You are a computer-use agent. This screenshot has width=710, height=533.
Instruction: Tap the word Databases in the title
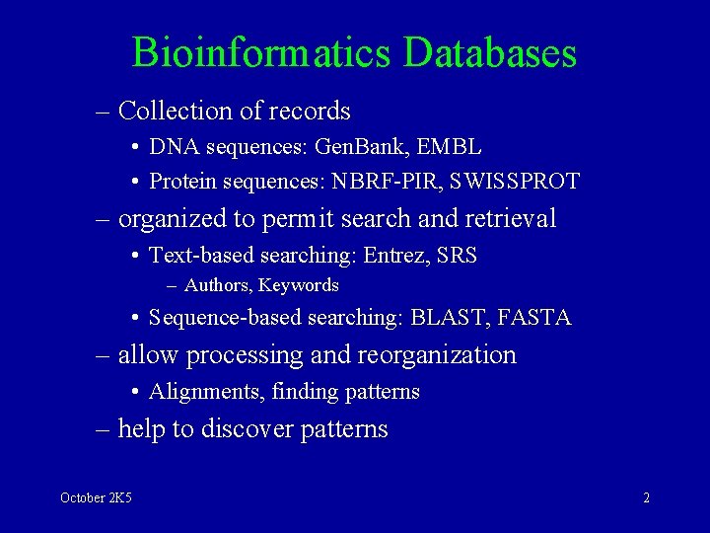click(x=490, y=52)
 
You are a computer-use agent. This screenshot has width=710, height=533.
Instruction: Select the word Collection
click(x=175, y=111)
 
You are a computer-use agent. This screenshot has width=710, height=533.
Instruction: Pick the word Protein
click(x=180, y=182)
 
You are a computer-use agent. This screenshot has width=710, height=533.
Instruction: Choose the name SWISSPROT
click(x=513, y=182)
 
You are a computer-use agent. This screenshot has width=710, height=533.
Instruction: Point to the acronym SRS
click(x=457, y=256)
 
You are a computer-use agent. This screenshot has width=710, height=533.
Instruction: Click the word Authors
click(x=217, y=285)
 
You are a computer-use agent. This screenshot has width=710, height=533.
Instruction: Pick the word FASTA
click(x=534, y=318)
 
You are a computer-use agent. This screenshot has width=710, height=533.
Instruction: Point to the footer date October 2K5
click(x=96, y=497)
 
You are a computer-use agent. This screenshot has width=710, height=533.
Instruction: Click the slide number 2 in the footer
click(x=646, y=497)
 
